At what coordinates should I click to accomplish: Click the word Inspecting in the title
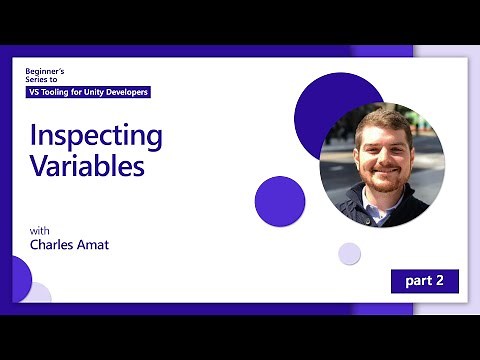click(x=96, y=136)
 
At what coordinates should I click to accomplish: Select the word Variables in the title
click(x=87, y=166)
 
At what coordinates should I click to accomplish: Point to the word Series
click(x=38, y=82)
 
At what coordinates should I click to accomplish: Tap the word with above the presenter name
click(x=39, y=231)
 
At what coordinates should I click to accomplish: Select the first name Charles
click(x=51, y=245)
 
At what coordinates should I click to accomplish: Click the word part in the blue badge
click(x=417, y=282)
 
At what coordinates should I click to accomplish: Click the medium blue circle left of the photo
click(x=280, y=201)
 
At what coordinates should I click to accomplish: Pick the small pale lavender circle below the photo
click(x=348, y=253)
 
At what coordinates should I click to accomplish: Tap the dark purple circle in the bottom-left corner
click(x=17, y=274)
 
